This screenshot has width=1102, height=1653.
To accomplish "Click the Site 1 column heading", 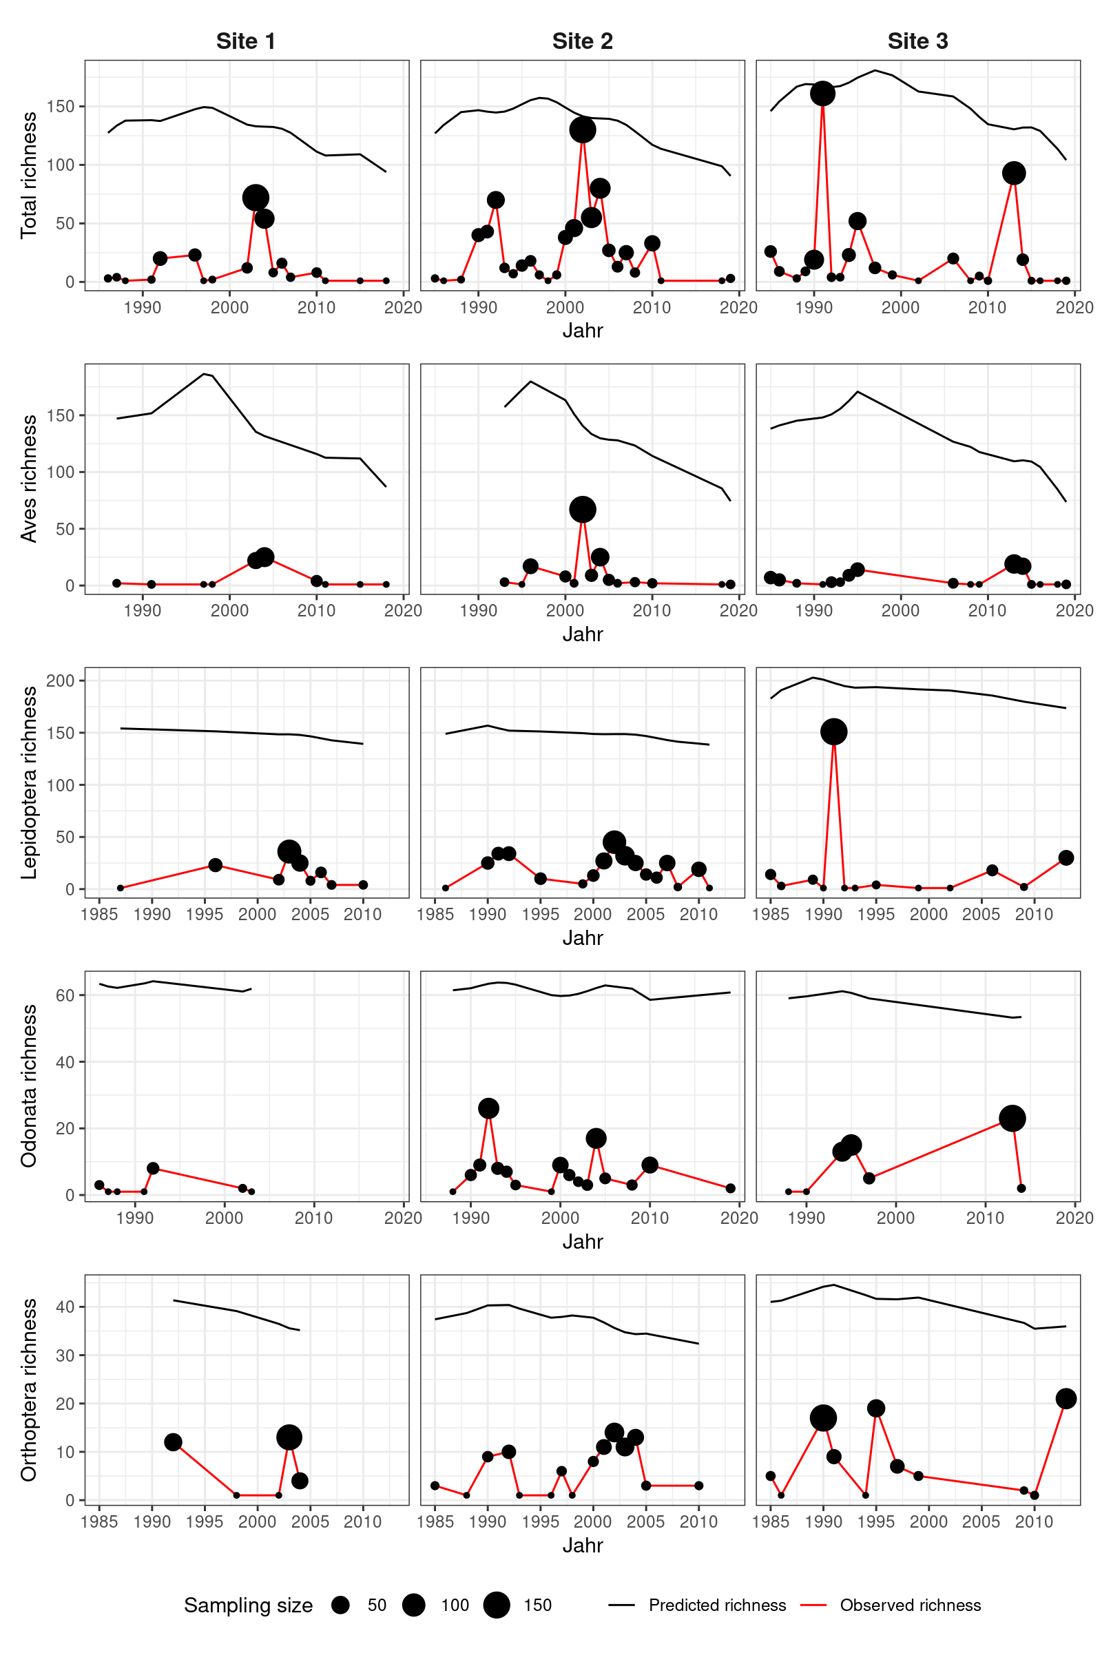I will [245, 41].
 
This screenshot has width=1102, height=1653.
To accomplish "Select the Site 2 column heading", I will [582, 41].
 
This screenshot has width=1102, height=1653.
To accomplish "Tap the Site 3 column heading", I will [917, 41].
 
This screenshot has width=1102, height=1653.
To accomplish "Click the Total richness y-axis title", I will [28, 175].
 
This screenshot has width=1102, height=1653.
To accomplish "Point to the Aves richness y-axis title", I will [28, 479].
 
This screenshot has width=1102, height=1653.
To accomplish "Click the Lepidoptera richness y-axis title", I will [28, 782].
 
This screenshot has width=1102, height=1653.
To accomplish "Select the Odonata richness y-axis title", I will [28, 1086].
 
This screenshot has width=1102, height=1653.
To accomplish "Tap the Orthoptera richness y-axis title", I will [28, 1389].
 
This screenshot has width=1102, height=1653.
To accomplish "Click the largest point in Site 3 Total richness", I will [822, 94].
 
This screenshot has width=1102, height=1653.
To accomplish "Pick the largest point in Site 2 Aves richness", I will [583, 510].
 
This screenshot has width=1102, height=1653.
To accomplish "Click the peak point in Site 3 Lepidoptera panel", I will [833, 731].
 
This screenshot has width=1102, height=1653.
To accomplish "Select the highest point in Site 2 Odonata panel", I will [488, 1108].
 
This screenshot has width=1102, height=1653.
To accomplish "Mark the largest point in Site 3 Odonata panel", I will [1012, 1118].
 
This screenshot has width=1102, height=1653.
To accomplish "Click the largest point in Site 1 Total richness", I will [256, 198].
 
